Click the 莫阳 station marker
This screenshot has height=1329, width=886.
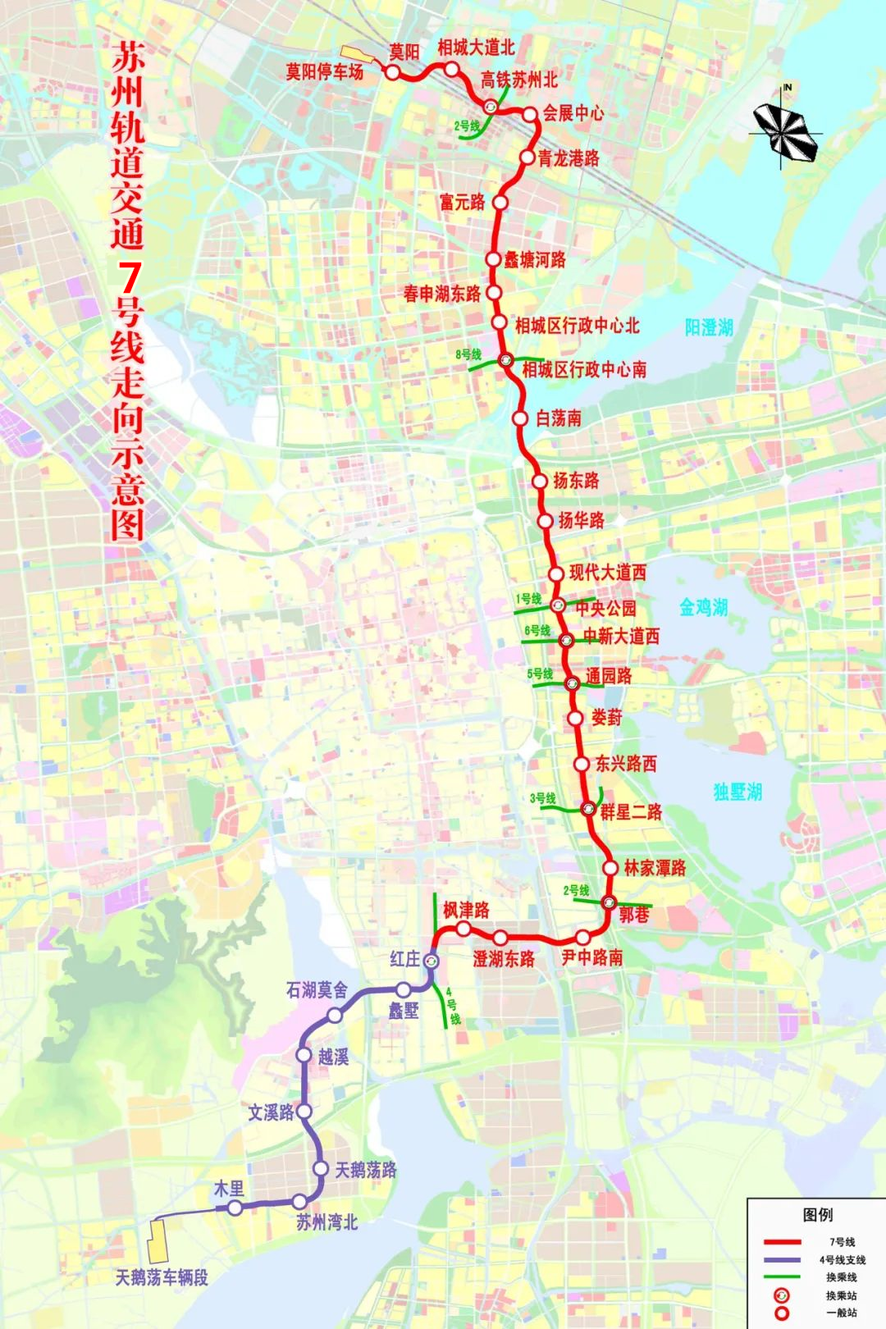(x=393, y=72)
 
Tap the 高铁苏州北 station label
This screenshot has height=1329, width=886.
(x=518, y=80)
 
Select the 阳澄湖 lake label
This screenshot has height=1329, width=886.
(x=709, y=328)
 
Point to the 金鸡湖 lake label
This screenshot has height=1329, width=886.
(x=703, y=607)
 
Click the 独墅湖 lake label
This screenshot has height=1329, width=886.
(x=738, y=792)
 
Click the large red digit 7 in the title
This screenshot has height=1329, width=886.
(x=129, y=278)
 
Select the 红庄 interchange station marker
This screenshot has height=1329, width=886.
(x=432, y=960)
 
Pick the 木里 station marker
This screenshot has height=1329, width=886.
(x=235, y=1208)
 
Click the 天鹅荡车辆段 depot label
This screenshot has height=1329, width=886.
(x=162, y=1277)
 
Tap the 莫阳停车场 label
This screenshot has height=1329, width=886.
(x=324, y=72)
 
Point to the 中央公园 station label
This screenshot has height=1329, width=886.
(x=605, y=608)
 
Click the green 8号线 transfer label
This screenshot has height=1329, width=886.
(x=468, y=354)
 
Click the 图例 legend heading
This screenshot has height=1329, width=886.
(x=817, y=1215)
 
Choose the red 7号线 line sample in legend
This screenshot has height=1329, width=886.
(x=782, y=1242)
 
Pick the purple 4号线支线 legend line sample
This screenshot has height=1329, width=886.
(x=782, y=1260)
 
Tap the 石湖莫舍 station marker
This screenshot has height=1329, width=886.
(x=335, y=1016)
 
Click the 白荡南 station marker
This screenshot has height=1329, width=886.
(x=520, y=418)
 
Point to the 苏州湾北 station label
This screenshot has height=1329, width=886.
(x=327, y=1222)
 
